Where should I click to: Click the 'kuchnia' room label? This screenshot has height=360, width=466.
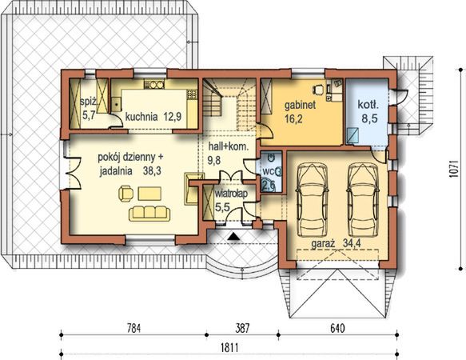(141, 117)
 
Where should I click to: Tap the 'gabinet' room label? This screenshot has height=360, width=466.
(300, 105)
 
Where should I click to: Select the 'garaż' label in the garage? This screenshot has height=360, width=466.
(323, 244)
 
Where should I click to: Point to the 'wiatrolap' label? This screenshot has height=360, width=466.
(231, 194)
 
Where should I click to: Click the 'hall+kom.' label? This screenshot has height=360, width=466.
(229, 146)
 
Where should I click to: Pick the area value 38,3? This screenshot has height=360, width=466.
(152, 171)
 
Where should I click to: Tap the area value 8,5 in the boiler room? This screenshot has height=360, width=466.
(369, 118)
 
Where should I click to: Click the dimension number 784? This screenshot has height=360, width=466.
(133, 329)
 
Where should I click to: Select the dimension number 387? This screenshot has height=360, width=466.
(242, 329)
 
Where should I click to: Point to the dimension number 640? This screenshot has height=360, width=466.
(337, 329)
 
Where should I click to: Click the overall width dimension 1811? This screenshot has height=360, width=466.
(229, 347)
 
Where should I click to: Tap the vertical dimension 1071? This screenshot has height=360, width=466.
(452, 170)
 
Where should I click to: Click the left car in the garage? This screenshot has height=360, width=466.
(312, 200)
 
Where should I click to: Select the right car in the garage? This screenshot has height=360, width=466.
(363, 200)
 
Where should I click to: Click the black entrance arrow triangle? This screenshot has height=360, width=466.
(234, 237)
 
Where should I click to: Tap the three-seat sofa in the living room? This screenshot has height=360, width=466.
(149, 214)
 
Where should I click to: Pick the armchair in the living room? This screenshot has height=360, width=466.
(126, 194)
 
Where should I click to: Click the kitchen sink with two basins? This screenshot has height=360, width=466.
(154, 85)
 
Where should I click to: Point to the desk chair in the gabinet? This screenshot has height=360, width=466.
(317, 89)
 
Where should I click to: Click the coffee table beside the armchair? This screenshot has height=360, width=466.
(149, 194)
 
